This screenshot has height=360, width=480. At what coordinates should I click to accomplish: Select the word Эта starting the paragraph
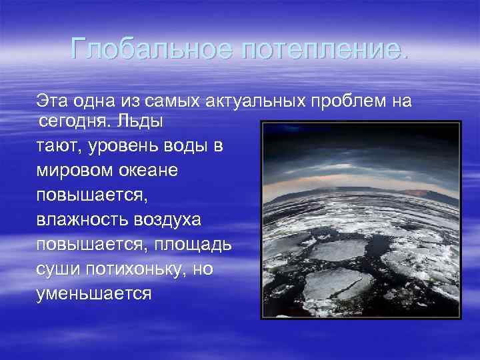(x=50, y=101)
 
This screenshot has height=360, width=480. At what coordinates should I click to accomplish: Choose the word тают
(x=57, y=147)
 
